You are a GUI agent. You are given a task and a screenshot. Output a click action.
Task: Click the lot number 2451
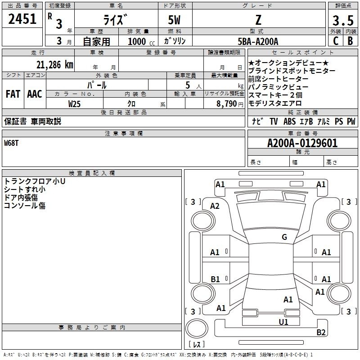[22, 19]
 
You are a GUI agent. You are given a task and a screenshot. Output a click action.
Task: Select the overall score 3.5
[343, 21]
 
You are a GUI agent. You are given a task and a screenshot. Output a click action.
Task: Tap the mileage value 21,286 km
[54, 65]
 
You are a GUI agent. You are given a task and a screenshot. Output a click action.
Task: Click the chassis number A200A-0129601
[302, 143]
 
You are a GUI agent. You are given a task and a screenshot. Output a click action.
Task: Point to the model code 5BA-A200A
[258, 41]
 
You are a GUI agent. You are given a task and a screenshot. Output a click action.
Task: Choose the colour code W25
[74, 104]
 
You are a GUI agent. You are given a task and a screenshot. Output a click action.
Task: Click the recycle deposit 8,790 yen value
[230, 104]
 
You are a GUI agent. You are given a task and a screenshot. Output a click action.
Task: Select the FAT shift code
[13, 94]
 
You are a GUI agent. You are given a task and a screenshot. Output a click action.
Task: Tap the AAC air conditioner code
[35, 94]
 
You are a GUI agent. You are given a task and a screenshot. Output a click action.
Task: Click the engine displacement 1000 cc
[141, 41]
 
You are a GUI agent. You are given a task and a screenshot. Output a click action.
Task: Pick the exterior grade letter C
[336, 41]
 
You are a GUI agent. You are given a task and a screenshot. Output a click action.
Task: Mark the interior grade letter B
[350, 41]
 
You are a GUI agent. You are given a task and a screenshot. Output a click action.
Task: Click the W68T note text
[11, 143]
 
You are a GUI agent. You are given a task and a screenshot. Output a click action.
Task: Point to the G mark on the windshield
[284, 237]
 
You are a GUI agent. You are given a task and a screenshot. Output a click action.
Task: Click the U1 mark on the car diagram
[283, 322]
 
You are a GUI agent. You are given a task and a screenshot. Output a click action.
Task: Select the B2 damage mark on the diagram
[321, 332]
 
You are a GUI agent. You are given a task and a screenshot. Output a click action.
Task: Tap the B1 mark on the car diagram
[215, 279]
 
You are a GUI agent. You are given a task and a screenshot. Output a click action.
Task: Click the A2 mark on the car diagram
[215, 206]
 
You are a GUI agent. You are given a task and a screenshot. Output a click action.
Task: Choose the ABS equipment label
[289, 121]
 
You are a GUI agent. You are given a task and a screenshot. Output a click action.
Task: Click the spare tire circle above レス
[197, 328]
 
